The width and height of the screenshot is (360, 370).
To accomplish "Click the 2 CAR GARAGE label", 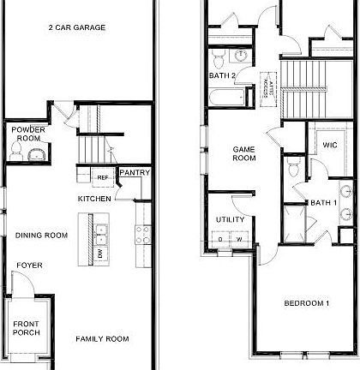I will click(x=76, y=27).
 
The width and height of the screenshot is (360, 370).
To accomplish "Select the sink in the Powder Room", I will click(x=34, y=154).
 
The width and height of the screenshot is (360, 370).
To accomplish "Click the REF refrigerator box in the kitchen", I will click(x=102, y=178).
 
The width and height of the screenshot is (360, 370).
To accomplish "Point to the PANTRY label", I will click(x=135, y=173).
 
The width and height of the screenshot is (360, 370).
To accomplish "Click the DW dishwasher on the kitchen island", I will click(x=101, y=254).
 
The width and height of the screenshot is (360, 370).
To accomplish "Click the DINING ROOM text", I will click(x=41, y=236).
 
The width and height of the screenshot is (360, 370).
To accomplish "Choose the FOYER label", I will click(x=29, y=266).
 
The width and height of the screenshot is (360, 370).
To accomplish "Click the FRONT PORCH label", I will click(x=26, y=328).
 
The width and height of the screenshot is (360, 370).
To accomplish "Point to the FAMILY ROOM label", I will click(x=102, y=339).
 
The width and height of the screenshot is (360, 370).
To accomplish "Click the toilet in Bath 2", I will click(x=219, y=58).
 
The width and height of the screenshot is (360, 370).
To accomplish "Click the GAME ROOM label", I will click(x=245, y=153).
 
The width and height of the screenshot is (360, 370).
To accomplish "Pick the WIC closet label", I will click(x=329, y=146).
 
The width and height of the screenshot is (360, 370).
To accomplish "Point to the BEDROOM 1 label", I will click(x=307, y=304).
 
